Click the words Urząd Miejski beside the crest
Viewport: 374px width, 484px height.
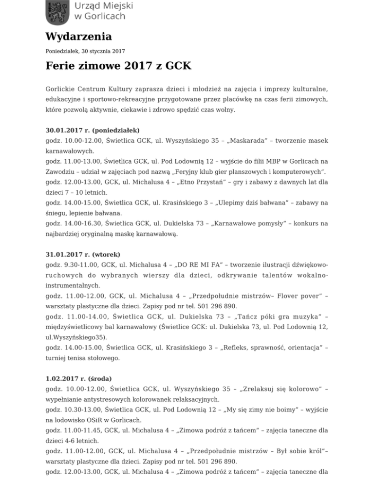click(x=103, y=5)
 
